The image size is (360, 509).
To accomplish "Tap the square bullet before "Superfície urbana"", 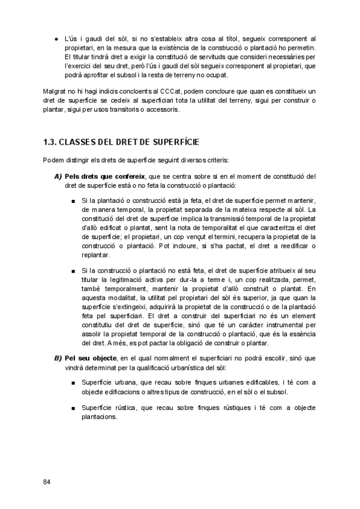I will pyautogui.click(x=73, y=382).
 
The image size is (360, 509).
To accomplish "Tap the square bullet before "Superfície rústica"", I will pyautogui.click(x=73, y=408).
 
